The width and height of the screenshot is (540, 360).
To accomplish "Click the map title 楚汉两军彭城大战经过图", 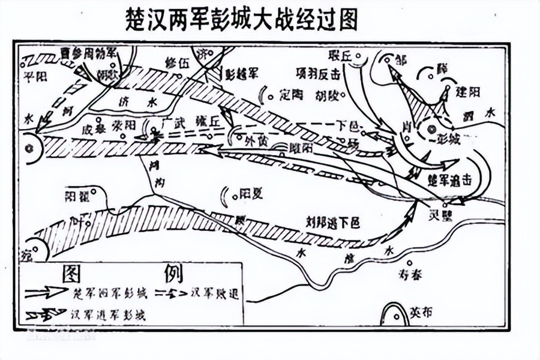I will coord(240,19).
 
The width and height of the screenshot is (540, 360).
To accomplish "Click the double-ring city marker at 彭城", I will coord(431,129).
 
